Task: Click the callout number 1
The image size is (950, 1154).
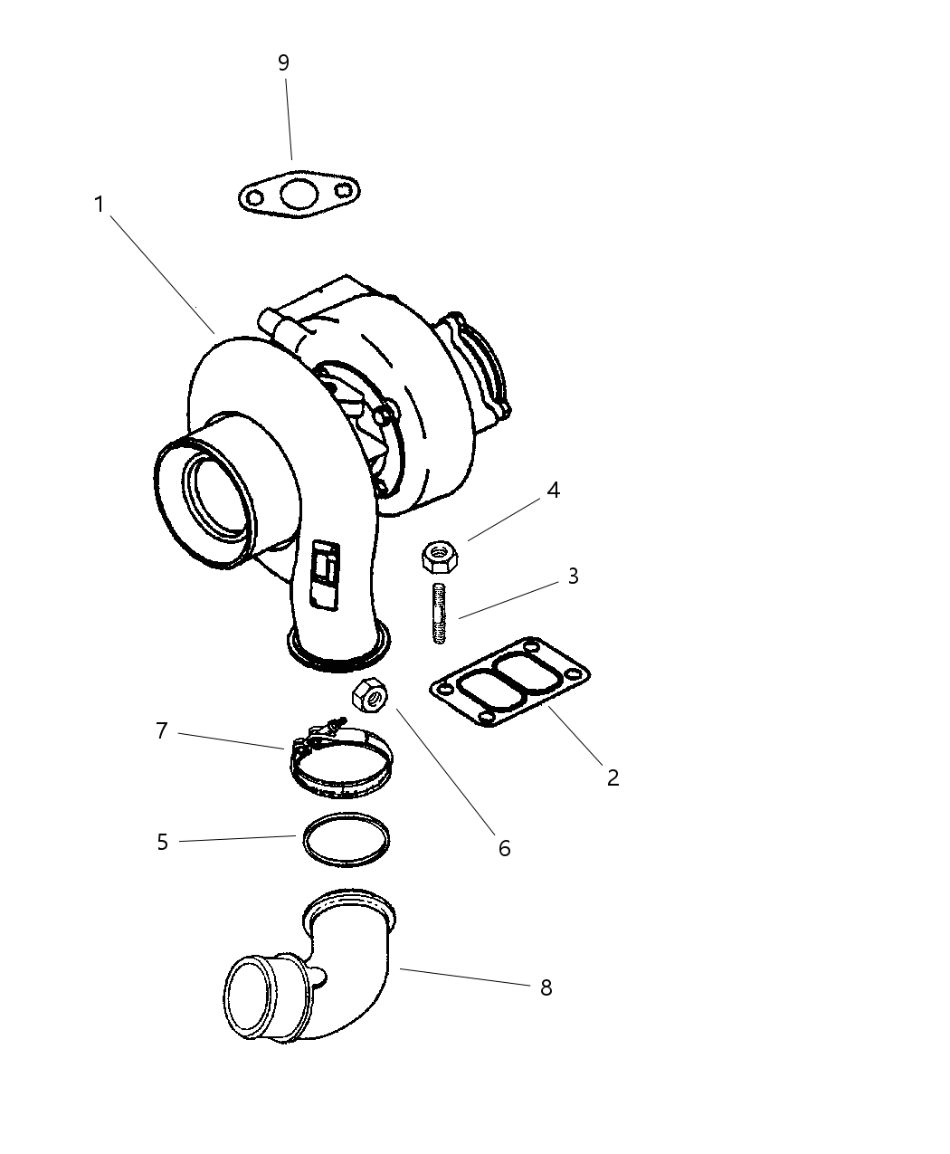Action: tap(100, 205)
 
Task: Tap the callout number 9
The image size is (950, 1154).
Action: tap(283, 62)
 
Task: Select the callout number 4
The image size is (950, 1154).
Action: tap(553, 491)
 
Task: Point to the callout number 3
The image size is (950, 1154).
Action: tap(573, 576)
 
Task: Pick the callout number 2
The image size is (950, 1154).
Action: tap(613, 777)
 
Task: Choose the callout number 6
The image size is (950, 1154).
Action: tap(504, 848)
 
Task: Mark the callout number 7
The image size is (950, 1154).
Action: tap(162, 730)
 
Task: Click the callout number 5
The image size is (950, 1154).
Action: tap(162, 842)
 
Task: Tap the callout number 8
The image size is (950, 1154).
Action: tap(546, 987)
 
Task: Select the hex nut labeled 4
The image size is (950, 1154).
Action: tap(441, 554)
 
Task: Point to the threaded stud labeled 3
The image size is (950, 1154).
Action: tap(440, 614)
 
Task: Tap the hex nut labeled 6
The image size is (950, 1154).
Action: tap(369, 695)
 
